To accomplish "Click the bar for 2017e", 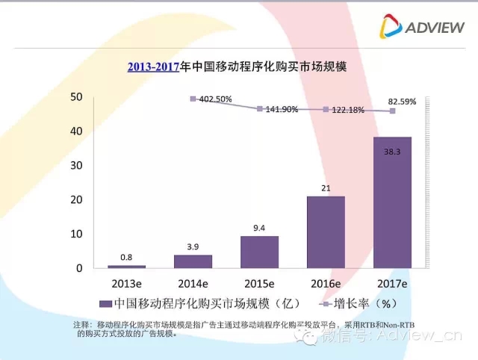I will tap(392, 202).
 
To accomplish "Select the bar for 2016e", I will tap(326, 232).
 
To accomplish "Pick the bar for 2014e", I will tap(193, 261).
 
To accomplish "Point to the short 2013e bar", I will tap(126, 266).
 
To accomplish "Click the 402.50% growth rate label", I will tap(216, 99).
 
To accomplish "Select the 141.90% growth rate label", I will tap(282, 109).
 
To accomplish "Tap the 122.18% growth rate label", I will tap(348, 110).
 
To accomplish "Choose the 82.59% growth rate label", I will tap(401, 99).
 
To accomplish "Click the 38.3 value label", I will tap(393, 151).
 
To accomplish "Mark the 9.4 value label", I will tap(259, 228).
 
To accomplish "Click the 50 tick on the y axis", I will tap(75, 96).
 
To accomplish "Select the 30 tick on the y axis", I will tap(75, 165).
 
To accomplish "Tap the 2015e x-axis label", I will tap(259, 284).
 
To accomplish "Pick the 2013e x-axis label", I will tap(126, 284).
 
